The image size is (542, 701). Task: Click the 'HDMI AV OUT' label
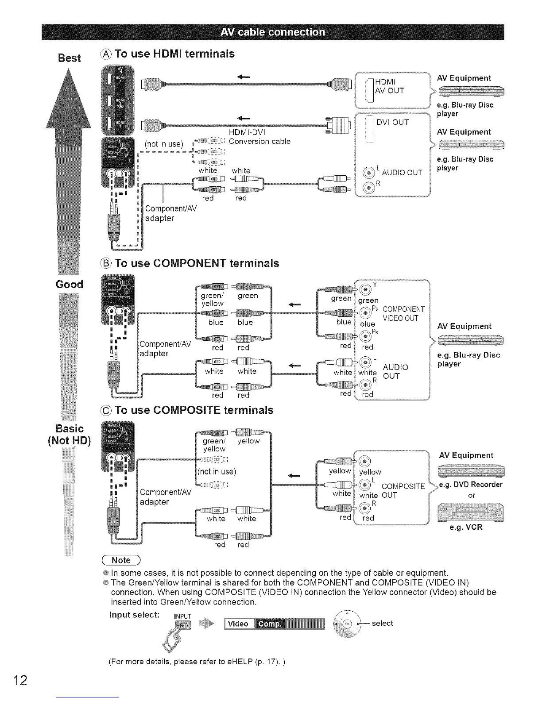[x=389, y=87]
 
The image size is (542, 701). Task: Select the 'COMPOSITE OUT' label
[x=402, y=491]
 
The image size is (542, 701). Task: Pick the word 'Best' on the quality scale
[x=70, y=58]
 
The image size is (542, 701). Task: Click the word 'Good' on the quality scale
[x=70, y=284]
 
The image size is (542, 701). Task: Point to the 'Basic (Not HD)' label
[x=70, y=435]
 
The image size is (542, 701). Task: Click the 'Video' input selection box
[x=238, y=624]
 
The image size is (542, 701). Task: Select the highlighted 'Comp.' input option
[x=269, y=624]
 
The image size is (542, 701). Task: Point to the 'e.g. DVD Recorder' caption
[x=470, y=484]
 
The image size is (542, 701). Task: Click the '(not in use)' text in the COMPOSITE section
[x=216, y=471]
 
